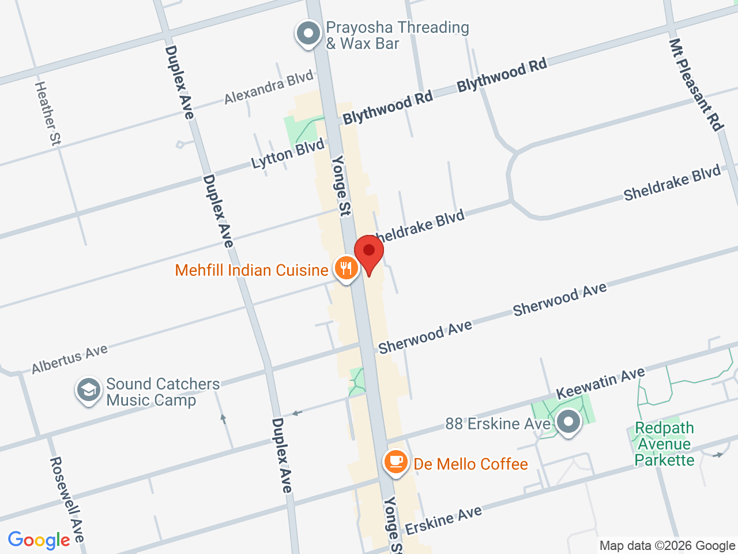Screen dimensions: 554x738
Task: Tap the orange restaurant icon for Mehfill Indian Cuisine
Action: tap(345, 269)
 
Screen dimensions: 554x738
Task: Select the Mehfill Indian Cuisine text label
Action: tap(251, 270)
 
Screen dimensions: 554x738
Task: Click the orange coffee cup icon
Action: tap(396, 462)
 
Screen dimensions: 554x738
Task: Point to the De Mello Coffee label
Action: tap(470, 465)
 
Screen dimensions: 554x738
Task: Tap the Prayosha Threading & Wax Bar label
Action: tap(397, 35)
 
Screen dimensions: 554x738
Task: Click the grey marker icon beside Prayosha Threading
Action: tap(308, 33)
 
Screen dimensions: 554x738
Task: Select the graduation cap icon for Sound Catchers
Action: tap(89, 391)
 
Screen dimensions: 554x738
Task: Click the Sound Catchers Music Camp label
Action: tap(163, 392)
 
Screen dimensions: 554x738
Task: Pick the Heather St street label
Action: tap(48, 113)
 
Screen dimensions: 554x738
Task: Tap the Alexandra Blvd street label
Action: tap(269, 87)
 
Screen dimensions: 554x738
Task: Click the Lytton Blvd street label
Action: tap(288, 154)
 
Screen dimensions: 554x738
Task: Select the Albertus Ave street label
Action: tap(70, 359)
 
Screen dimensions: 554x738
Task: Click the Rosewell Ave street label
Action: tap(67, 499)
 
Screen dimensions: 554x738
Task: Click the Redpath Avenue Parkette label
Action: tap(664, 444)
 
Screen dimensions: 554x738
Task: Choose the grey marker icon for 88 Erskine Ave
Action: tap(569, 422)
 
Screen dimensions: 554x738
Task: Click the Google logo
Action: tap(39, 541)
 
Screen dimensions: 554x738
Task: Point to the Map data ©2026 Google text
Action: tap(667, 545)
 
